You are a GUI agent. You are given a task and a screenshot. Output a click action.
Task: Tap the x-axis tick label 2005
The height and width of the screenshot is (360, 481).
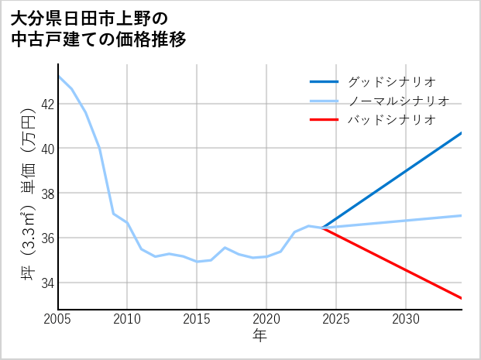58,319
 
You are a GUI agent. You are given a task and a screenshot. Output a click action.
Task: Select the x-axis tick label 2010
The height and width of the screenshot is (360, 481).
128,319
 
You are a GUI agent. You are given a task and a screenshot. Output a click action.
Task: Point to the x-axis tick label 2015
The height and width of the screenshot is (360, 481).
197,319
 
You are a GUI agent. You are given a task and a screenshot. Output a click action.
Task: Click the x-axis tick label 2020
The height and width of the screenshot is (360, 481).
266,319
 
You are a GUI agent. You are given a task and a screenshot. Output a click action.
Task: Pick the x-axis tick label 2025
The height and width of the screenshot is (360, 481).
336,319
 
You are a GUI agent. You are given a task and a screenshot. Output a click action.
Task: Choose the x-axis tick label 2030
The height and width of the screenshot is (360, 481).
406,319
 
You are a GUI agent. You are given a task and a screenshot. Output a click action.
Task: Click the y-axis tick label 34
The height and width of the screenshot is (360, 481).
46,283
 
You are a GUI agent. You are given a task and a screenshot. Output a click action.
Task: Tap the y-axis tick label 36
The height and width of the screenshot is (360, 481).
46,238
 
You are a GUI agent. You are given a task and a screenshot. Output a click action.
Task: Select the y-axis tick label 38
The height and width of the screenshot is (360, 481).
46,193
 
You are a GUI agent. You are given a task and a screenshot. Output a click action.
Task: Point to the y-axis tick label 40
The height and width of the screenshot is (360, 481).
46,148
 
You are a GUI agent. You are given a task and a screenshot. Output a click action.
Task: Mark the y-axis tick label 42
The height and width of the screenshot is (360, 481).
46,104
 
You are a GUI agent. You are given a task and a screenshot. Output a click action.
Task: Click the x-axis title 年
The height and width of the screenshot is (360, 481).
259,336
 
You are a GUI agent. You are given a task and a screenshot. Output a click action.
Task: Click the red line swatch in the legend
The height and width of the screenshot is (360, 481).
324,120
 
